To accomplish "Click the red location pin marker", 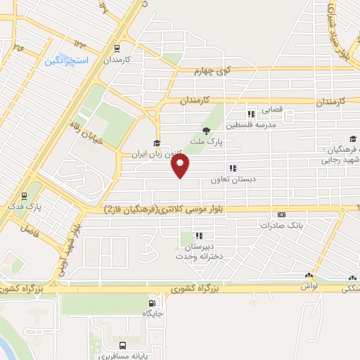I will tap(181, 166).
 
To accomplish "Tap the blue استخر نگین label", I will tap(67, 61).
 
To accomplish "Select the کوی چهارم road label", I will tap(214, 70).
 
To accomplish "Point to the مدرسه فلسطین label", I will tap(263, 123).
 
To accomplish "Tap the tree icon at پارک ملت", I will tap(206, 131).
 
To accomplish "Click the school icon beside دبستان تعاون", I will tap(232, 168).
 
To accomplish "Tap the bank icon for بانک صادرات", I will tap(282, 214).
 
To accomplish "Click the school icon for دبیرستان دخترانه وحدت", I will tap(200, 236).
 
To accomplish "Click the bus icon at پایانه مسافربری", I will tap(123, 346).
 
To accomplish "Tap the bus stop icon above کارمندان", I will tap(117, 50).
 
